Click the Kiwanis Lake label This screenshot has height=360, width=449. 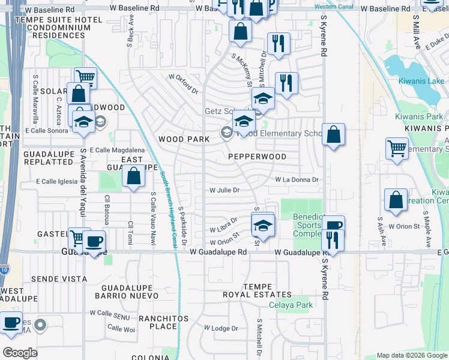click(421, 81)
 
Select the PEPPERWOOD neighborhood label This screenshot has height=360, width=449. click(257, 156)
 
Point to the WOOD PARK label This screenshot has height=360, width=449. click(184, 139)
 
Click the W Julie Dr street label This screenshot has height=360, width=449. click(224, 190)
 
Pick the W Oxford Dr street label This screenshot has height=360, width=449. click(184, 84)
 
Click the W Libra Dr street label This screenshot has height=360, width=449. click(224, 226)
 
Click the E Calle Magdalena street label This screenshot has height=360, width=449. click(117, 150)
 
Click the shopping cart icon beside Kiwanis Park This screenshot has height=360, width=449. click(397, 148)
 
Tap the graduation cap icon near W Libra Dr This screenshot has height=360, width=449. click(262, 226)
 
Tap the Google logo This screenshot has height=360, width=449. click(20, 353)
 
